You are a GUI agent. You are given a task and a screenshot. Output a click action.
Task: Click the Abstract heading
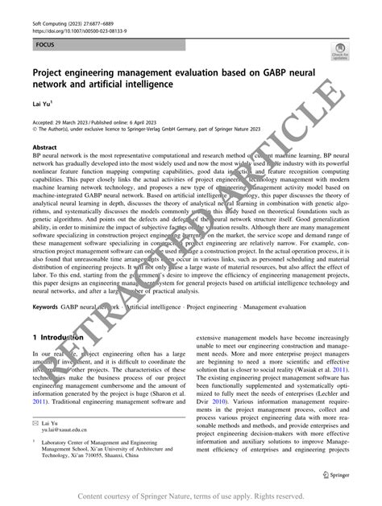coord(44,148)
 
